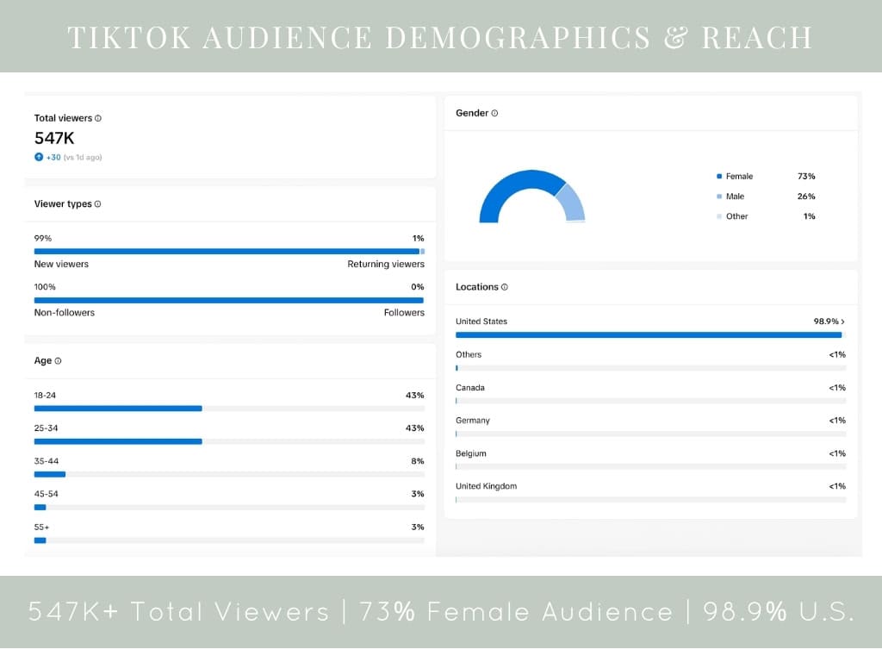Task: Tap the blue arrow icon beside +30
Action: click(39, 157)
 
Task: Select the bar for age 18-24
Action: click(118, 409)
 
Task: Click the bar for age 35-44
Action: click(50, 474)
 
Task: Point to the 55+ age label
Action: click(41, 527)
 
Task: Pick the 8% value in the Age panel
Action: click(417, 461)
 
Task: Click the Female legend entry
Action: click(738, 176)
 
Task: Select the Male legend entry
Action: click(734, 197)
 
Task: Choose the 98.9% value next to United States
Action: click(827, 322)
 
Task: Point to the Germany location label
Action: click(473, 421)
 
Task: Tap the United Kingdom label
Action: click(486, 486)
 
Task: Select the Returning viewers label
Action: click(386, 264)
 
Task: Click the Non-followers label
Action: click(65, 312)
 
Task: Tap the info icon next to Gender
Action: click(494, 113)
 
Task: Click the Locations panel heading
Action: click(477, 287)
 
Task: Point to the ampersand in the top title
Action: click(676, 38)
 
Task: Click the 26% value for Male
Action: click(806, 197)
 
